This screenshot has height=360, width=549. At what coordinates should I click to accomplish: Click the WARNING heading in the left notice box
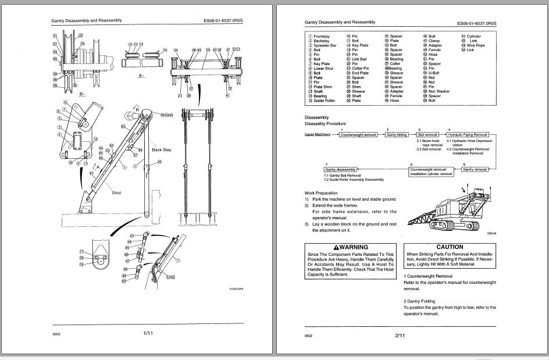click(351, 247)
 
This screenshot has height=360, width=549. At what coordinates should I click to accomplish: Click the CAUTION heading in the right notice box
click(450, 247)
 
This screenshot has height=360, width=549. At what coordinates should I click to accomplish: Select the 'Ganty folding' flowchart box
click(397, 134)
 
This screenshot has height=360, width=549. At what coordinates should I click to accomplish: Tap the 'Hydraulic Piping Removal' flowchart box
click(467, 134)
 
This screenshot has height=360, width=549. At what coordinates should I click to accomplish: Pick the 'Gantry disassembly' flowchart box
click(340, 169)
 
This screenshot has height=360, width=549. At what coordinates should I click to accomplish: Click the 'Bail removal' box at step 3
click(427, 134)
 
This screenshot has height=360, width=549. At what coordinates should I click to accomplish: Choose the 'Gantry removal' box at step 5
click(475, 169)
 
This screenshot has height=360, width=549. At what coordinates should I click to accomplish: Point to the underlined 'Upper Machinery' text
click(317, 134)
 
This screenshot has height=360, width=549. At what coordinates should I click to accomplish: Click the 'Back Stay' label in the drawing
click(161, 149)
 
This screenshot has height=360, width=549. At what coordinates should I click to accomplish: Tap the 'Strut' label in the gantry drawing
click(116, 193)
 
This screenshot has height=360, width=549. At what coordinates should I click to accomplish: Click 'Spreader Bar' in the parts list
click(325, 45)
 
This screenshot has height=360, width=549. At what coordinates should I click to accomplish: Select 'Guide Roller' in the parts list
click(325, 101)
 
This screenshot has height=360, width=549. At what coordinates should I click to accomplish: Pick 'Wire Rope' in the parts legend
click(476, 45)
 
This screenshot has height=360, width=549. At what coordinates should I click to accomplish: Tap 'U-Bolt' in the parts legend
click(434, 73)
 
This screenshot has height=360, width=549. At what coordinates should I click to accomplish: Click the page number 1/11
click(148, 333)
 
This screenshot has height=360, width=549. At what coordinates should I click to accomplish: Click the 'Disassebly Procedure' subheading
click(325, 123)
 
